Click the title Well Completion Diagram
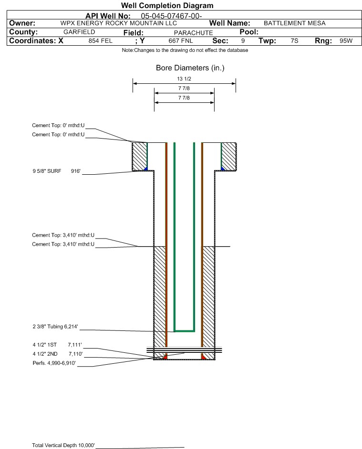(167, 5)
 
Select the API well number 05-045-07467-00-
(171, 16)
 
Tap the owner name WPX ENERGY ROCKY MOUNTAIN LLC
(118, 23)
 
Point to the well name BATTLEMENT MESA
(295, 23)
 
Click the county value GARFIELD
(79, 32)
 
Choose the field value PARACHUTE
(193, 33)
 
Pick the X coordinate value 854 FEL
(100, 40)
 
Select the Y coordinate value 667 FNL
(181, 40)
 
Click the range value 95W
(346, 40)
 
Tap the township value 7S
(294, 40)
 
